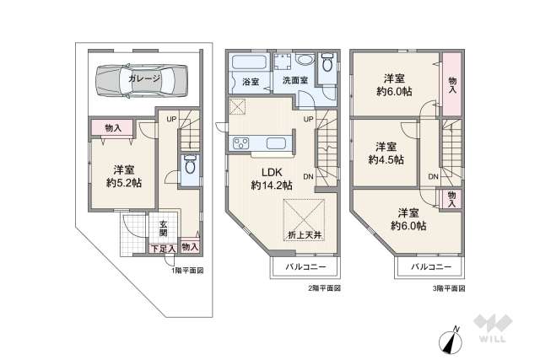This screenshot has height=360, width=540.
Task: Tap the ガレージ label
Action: tap(144, 78)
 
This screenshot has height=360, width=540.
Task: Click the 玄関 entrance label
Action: tap(164, 228)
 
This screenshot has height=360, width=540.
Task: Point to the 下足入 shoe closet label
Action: tap(164, 249)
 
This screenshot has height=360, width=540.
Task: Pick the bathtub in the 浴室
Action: tap(247, 63)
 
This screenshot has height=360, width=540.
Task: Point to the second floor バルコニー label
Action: tap(301, 267)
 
